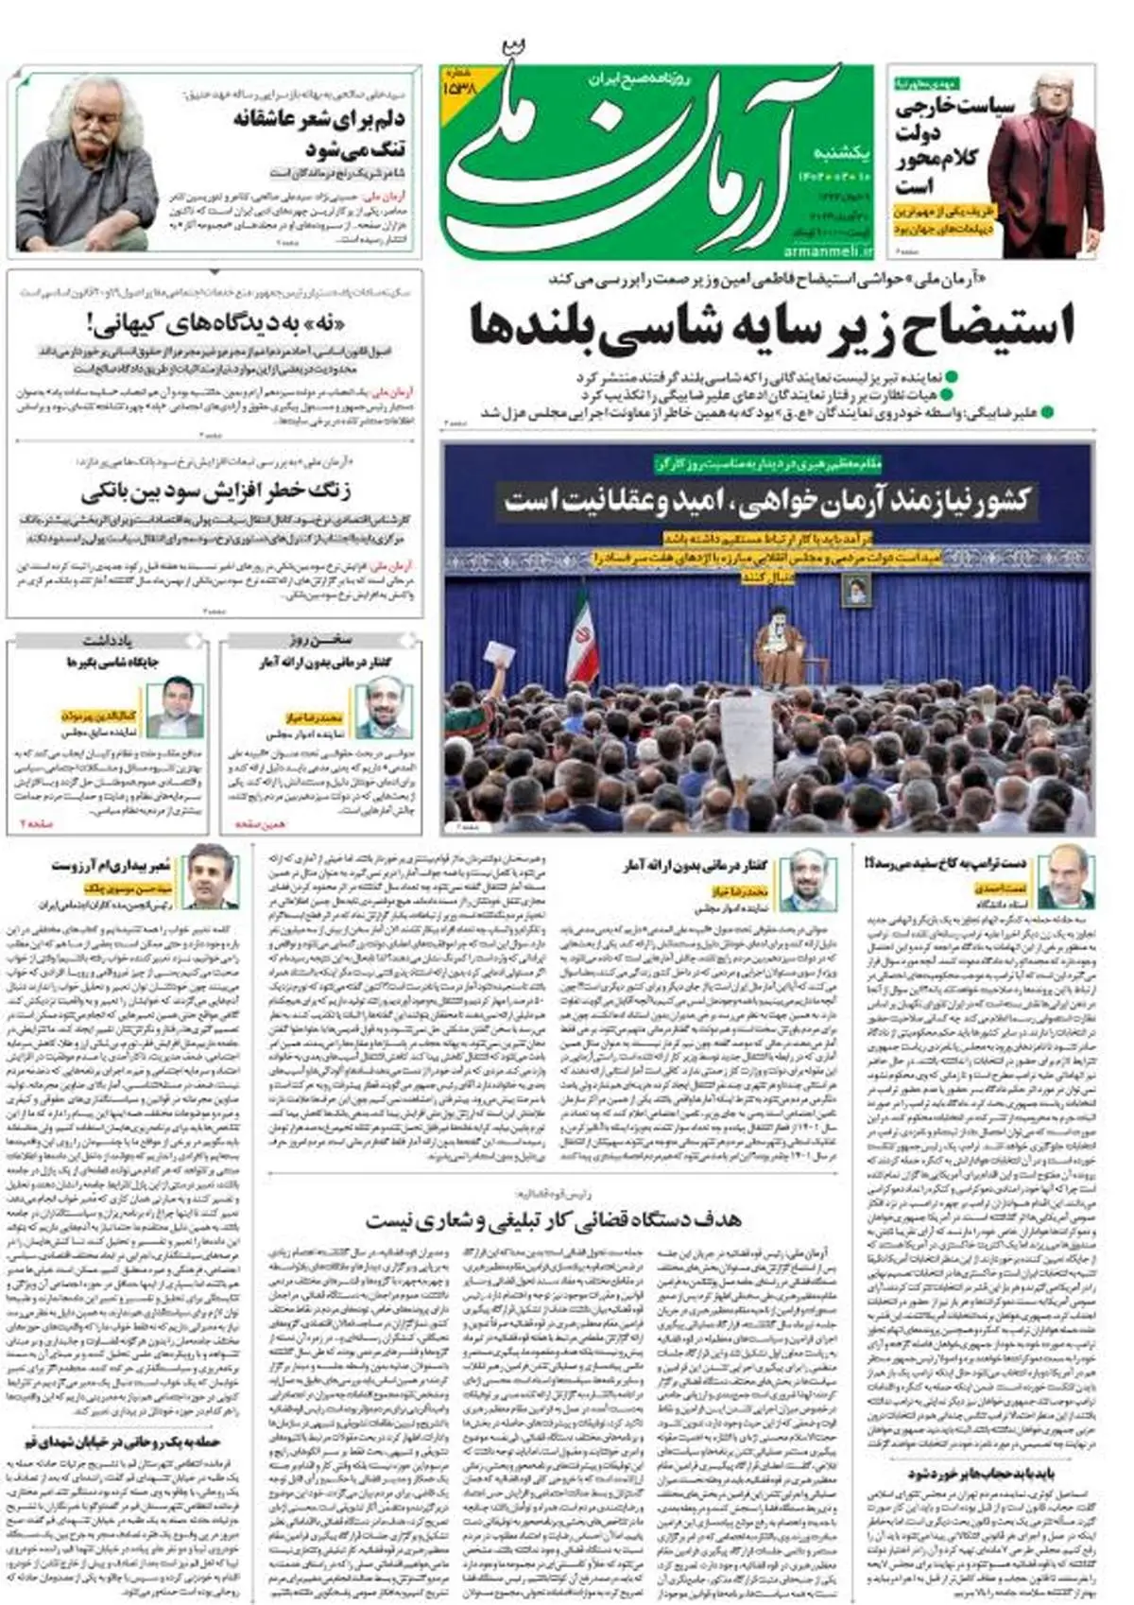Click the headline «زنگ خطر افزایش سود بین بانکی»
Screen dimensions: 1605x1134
pos(215,492)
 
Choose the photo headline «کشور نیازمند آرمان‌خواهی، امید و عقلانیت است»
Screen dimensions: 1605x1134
pos(767,499)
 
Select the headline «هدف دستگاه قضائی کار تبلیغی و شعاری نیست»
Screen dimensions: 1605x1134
pos(554,1218)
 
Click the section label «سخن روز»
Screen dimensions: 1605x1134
pos(321,640)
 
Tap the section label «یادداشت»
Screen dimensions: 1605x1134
pos(107,640)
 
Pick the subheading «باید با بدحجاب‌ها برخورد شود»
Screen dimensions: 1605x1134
pos(982,1474)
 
